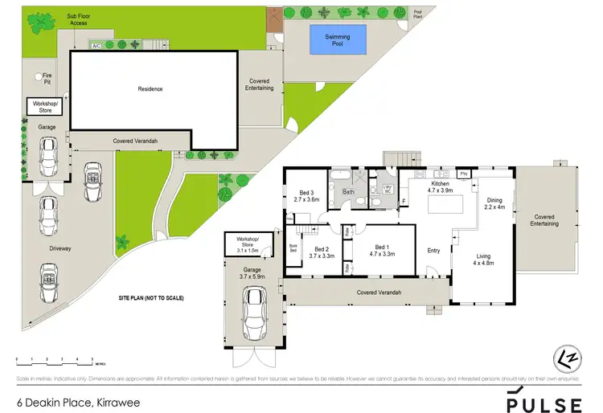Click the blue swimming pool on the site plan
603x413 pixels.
(337, 38)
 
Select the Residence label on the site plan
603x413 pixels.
(150, 88)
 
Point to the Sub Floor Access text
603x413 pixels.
(78, 19)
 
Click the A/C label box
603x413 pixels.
(95, 45)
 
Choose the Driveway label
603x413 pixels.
(59, 248)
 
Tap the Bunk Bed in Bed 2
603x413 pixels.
(293, 248)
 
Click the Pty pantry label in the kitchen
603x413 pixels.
(463, 174)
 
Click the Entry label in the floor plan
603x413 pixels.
(433, 250)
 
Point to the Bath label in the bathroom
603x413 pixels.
(348, 192)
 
